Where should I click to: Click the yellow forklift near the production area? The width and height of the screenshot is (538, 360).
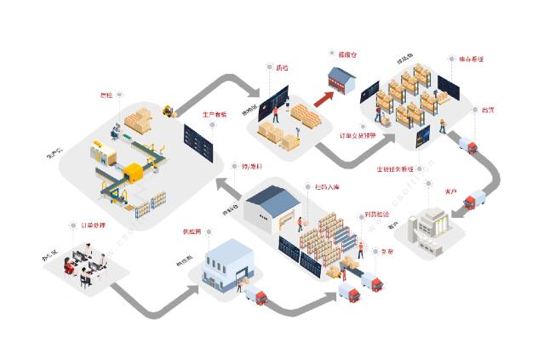[169, 110]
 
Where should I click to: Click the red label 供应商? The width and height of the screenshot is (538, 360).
[192, 231]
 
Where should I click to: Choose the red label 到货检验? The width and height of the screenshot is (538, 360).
[378, 214]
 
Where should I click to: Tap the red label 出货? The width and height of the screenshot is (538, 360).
[489, 110]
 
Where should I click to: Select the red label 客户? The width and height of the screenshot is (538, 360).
[452, 191]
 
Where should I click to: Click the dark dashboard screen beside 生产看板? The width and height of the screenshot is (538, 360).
[197, 140]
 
